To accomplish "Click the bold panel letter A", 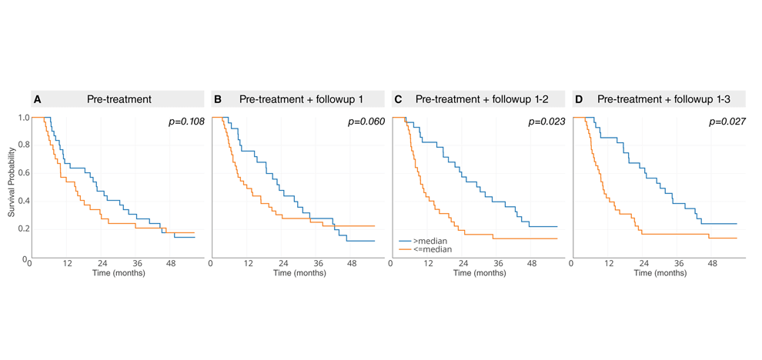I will click(36, 99).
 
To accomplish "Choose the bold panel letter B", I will click(218, 99).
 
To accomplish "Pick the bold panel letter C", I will click(398, 99).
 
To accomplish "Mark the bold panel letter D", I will click(580, 99).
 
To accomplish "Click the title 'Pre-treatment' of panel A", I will click(119, 99).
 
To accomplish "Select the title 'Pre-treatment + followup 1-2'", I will click(486, 99).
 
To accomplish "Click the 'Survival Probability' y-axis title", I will click(12, 188).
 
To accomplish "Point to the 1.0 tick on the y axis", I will click(24, 118).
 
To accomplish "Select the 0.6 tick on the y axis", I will click(24, 173).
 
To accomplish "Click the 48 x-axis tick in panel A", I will click(171, 264).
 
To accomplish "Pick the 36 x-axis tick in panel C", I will click(497, 264).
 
